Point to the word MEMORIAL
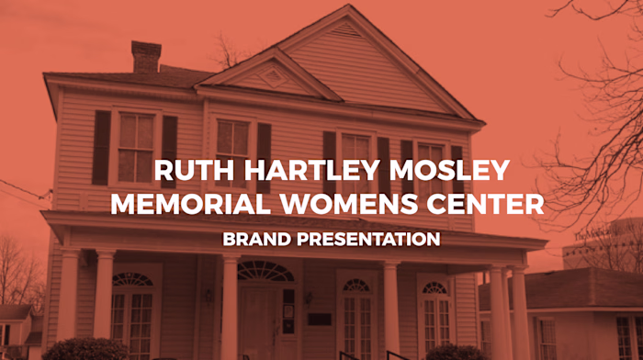tap(185, 204)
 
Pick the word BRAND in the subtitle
tap(253, 240)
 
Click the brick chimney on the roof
tap(146, 57)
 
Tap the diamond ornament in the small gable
tap(272, 77)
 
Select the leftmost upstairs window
tap(136, 147)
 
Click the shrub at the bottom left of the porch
tap(85, 350)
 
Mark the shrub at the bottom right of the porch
tap(456, 353)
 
